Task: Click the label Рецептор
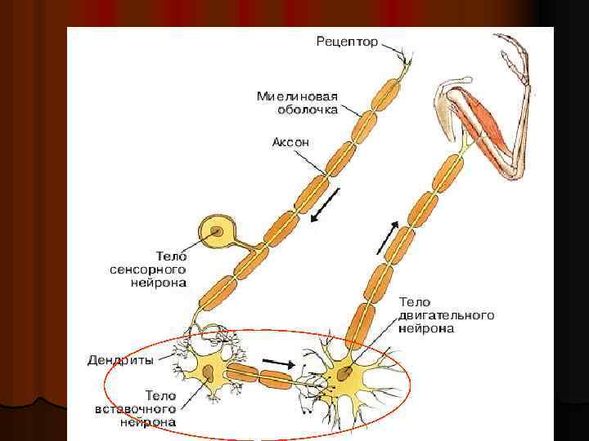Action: click(x=347, y=42)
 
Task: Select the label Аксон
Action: click(x=291, y=142)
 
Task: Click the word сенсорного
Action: click(x=147, y=269)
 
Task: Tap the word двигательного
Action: click(x=446, y=315)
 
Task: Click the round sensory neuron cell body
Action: click(x=216, y=232)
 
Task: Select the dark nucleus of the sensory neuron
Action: click(x=216, y=232)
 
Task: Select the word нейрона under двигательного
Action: click(x=425, y=329)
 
